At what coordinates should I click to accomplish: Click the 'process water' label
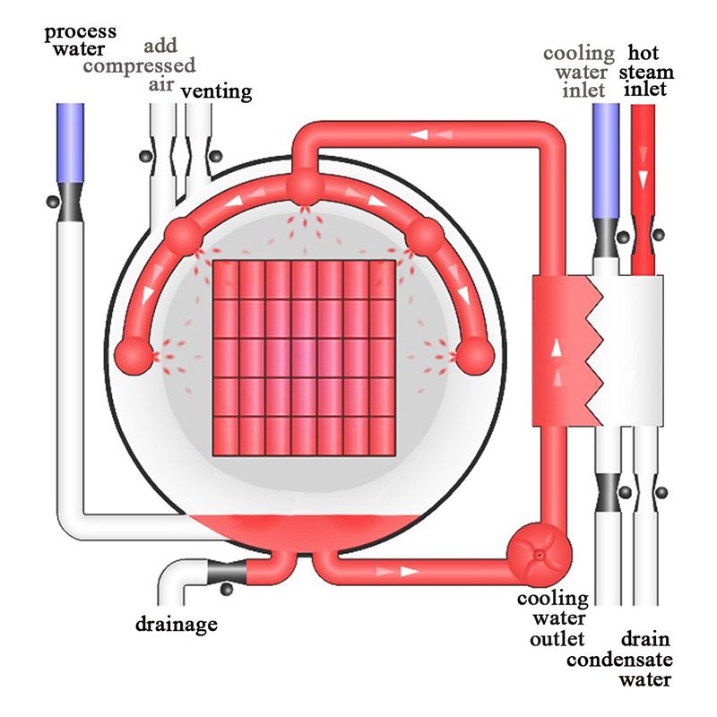tap(81, 40)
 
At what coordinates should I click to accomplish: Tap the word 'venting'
tap(216, 91)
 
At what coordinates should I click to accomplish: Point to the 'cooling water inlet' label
tap(578, 72)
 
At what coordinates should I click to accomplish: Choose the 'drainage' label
tap(176, 624)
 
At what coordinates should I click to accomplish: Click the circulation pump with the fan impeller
tap(539, 554)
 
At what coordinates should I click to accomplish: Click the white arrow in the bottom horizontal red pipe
tap(411, 569)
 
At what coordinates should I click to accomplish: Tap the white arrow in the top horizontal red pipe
tap(419, 135)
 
